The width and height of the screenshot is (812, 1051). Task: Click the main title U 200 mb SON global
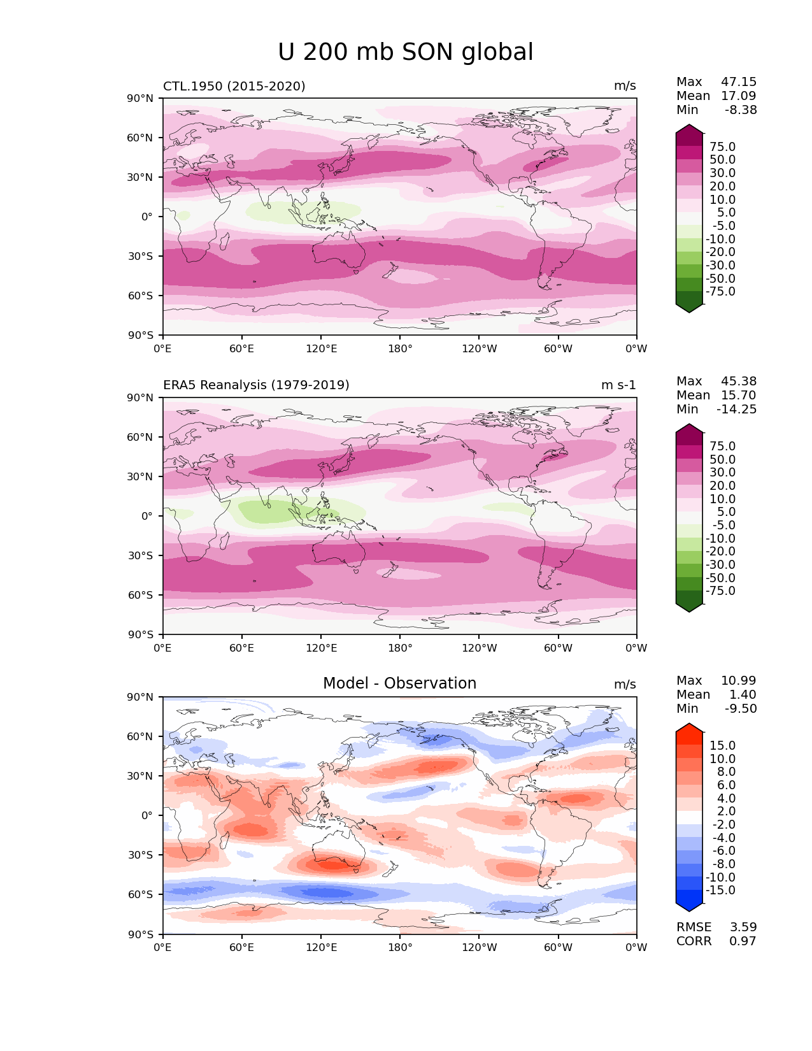point(406,52)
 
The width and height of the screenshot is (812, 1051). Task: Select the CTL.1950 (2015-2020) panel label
point(234,86)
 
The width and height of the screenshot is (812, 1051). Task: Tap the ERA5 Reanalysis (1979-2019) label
point(256,385)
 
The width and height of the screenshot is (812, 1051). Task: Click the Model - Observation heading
point(399,683)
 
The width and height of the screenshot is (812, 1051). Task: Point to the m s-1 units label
point(618,385)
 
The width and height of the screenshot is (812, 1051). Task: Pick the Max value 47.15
point(739,82)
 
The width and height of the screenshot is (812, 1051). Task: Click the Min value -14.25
point(737,410)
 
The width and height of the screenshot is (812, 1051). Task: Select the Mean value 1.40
point(743,695)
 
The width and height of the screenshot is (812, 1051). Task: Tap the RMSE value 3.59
point(743,927)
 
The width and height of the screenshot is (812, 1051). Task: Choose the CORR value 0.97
point(743,941)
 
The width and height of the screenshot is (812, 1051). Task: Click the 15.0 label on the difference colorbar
point(722,746)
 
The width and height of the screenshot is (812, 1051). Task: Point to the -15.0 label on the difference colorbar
point(720,890)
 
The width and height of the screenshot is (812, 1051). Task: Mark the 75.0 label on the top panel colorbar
point(722,147)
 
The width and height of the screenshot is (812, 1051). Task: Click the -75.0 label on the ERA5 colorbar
point(720,591)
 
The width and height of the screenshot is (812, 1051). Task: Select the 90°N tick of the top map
point(140,98)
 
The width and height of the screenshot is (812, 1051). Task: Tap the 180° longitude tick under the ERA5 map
point(400,648)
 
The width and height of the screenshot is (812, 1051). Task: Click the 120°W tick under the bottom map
point(479,948)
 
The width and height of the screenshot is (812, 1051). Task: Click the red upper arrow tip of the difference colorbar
point(689,727)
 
